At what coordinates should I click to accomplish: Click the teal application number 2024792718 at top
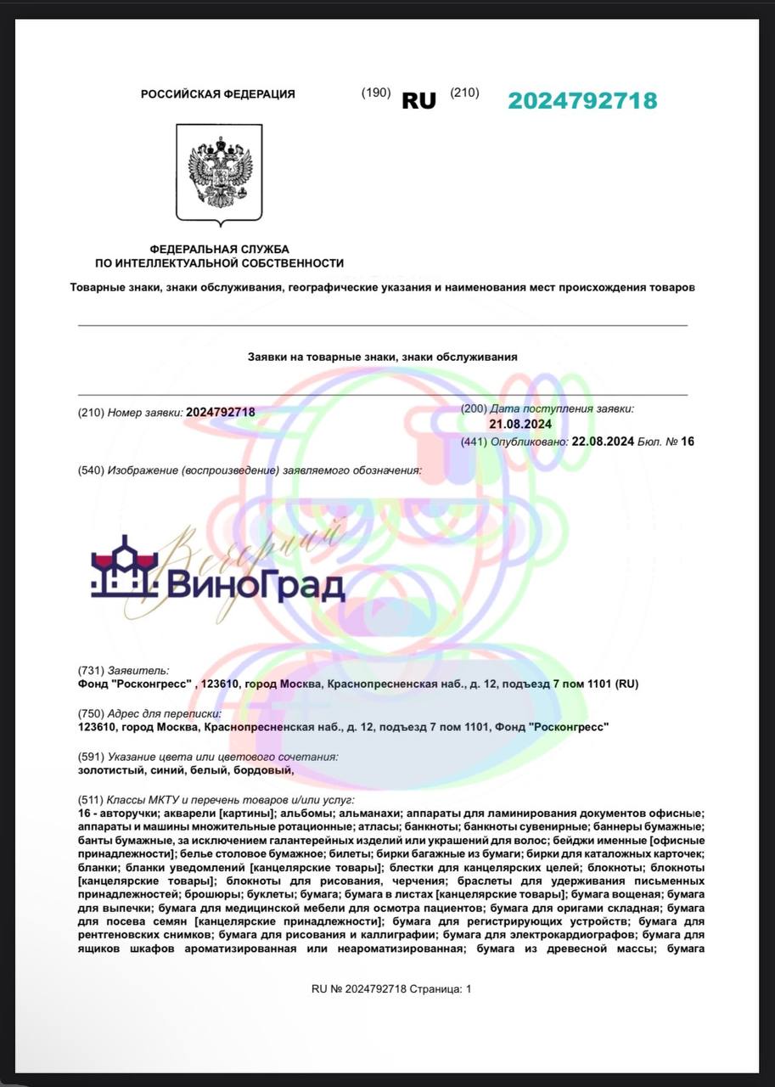click(582, 100)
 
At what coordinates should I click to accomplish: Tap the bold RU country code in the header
click(418, 100)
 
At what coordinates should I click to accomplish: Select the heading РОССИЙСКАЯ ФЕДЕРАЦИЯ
click(218, 94)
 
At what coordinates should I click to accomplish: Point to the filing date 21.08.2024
click(520, 424)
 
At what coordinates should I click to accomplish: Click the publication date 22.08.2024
click(604, 442)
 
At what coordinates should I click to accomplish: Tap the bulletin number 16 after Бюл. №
click(688, 442)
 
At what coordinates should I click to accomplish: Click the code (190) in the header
click(375, 93)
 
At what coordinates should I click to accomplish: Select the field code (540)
click(90, 470)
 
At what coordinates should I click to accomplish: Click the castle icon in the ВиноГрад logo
click(125, 566)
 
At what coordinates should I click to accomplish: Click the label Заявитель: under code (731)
click(138, 670)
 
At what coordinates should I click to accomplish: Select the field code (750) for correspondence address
click(90, 713)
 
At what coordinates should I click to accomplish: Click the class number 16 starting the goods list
click(82, 814)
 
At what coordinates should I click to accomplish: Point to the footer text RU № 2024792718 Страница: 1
click(390, 988)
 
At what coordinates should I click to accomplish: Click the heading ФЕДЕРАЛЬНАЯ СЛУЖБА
click(219, 249)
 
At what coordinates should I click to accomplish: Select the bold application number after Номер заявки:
click(220, 412)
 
